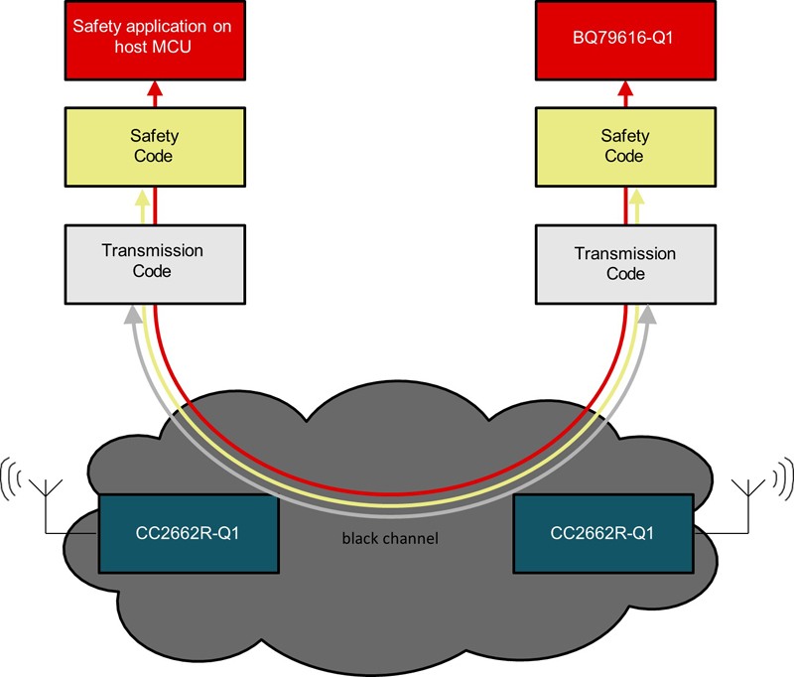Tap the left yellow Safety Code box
(153, 146)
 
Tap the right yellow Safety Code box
(624, 146)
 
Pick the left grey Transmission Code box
(153, 262)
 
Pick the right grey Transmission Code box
(624, 262)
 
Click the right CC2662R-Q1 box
(602, 533)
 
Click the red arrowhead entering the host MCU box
(154, 88)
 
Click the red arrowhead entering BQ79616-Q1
(625, 88)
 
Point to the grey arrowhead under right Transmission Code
(649, 315)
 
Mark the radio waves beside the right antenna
(780, 474)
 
